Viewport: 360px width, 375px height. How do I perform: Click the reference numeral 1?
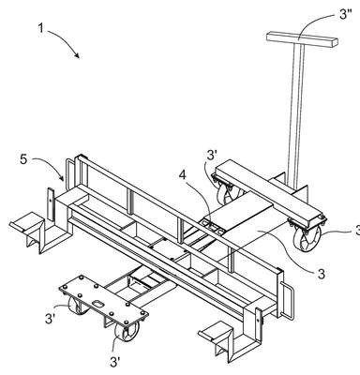(41, 27)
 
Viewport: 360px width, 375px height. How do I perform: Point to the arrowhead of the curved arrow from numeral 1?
(78, 56)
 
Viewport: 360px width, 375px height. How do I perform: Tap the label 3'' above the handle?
(345, 14)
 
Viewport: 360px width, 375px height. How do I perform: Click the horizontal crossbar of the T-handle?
(303, 40)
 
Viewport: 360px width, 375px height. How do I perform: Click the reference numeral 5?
(23, 159)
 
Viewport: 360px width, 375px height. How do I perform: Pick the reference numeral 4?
(183, 175)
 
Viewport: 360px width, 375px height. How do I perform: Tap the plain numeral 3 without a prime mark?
(321, 274)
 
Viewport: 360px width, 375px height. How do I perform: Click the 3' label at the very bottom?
(115, 362)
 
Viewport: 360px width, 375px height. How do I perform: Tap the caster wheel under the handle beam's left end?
(228, 192)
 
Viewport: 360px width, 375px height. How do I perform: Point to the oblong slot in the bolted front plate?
(98, 303)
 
